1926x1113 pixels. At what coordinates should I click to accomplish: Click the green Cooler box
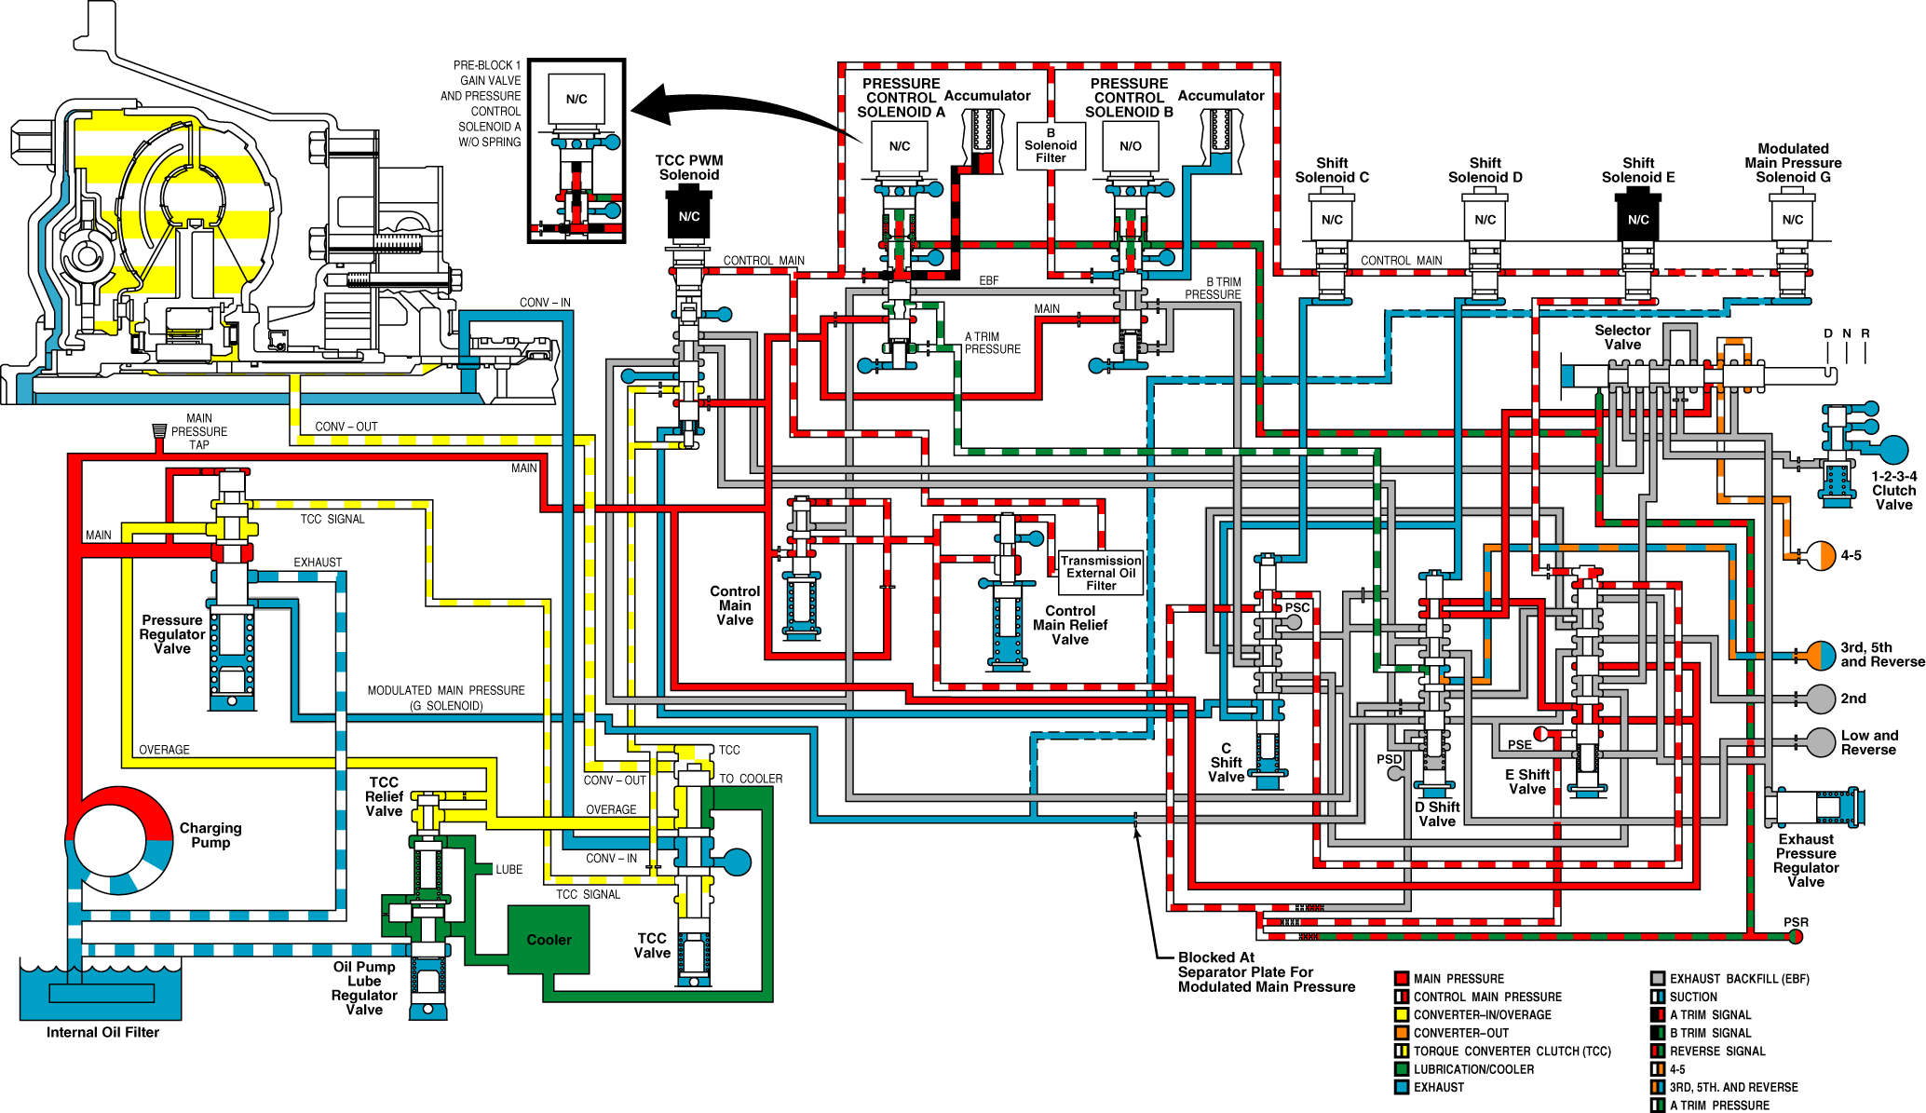coord(549,940)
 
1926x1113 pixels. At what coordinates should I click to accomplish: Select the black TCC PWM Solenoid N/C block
coord(689,215)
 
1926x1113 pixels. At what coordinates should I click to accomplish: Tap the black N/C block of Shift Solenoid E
coord(1638,218)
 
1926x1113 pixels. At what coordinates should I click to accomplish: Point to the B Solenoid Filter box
coord(1051,145)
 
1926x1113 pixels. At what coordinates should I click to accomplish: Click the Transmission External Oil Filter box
coord(1101,573)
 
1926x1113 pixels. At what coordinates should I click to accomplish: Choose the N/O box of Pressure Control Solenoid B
coord(1131,146)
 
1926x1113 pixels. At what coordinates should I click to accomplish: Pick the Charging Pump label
coord(210,835)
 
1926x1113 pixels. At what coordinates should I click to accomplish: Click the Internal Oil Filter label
coord(102,1032)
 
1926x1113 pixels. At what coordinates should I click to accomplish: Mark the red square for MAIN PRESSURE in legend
coord(1401,978)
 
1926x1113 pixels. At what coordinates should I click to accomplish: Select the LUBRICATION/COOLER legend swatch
coord(1401,1069)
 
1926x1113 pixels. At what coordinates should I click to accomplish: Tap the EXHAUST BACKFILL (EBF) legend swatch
coord(1657,978)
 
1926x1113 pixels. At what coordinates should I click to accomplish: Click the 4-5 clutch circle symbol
coord(1821,555)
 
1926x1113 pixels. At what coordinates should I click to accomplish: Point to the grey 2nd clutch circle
coord(1821,699)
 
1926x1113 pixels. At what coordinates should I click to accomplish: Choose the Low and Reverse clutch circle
coord(1821,742)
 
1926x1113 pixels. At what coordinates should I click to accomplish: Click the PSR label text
coord(1796,922)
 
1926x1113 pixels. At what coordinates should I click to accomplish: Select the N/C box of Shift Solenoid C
coord(1332,219)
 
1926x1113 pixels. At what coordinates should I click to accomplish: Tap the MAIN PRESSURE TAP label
coord(199,431)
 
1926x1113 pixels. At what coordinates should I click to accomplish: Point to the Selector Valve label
coord(1622,337)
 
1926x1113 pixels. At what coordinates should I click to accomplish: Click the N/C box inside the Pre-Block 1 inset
coord(576,99)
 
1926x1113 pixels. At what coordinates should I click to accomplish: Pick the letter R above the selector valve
coord(1865,333)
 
